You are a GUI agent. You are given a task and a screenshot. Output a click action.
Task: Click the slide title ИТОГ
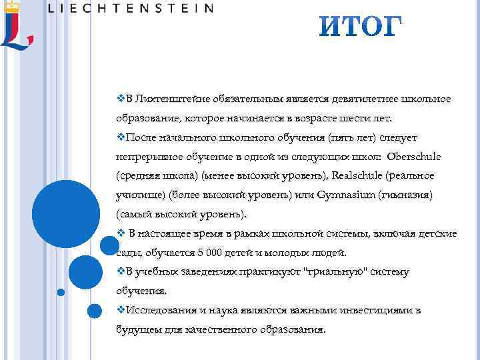pos(360,28)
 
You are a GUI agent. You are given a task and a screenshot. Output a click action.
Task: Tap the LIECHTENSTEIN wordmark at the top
pos(131,9)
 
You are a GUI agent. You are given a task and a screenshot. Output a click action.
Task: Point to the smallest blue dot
pos(61,292)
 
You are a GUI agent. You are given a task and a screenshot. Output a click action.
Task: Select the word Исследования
pos(161,311)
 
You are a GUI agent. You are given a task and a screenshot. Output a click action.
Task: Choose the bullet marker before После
pos(121,137)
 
